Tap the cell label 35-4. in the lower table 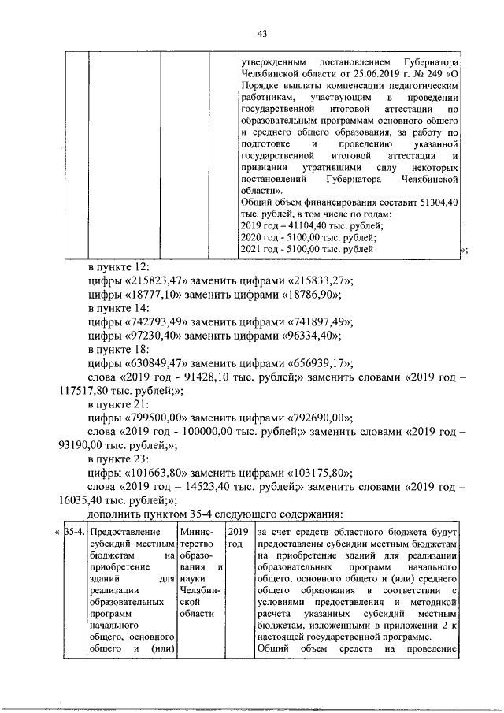coord(73,532)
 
